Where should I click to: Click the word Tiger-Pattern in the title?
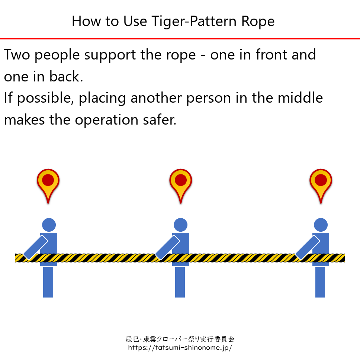tap(194, 21)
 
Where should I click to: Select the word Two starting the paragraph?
tap(17, 55)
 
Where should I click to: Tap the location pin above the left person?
tap(48, 186)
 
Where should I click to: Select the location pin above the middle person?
tap(181, 186)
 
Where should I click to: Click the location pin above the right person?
tap(321, 186)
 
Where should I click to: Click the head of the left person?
tap(49, 225)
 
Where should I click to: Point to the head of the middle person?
tap(181, 225)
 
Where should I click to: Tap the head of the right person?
tap(321, 225)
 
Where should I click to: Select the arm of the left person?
tap(36, 248)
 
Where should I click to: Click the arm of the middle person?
tap(167, 248)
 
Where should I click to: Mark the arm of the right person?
tap(308, 248)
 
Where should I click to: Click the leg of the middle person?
tap(180, 282)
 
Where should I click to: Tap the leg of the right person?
tap(320, 282)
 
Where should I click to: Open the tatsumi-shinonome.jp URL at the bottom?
tap(180, 347)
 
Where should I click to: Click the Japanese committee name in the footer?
tap(180, 339)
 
